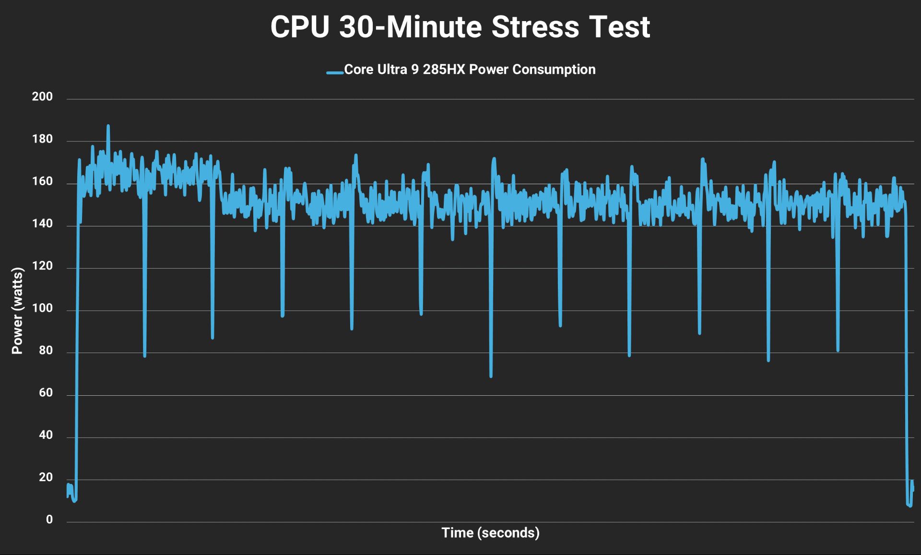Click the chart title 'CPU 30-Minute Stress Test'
point(460,27)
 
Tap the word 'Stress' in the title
point(535,27)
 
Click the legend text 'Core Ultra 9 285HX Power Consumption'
point(470,70)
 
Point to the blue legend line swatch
point(335,72)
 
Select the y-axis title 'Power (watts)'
point(17,311)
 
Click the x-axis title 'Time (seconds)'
point(490,533)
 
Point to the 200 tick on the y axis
point(42,97)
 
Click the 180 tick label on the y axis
point(42,140)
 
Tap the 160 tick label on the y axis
point(42,181)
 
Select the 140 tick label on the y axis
point(42,224)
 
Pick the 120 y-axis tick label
point(42,266)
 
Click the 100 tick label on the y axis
point(42,308)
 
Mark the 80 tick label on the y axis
point(46,351)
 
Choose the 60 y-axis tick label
point(46,393)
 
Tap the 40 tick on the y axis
point(46,435)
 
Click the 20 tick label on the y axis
point(46,477)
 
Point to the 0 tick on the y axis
point(49,520)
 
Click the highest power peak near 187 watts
point(108,126)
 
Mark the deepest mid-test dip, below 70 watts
point(491,376)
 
